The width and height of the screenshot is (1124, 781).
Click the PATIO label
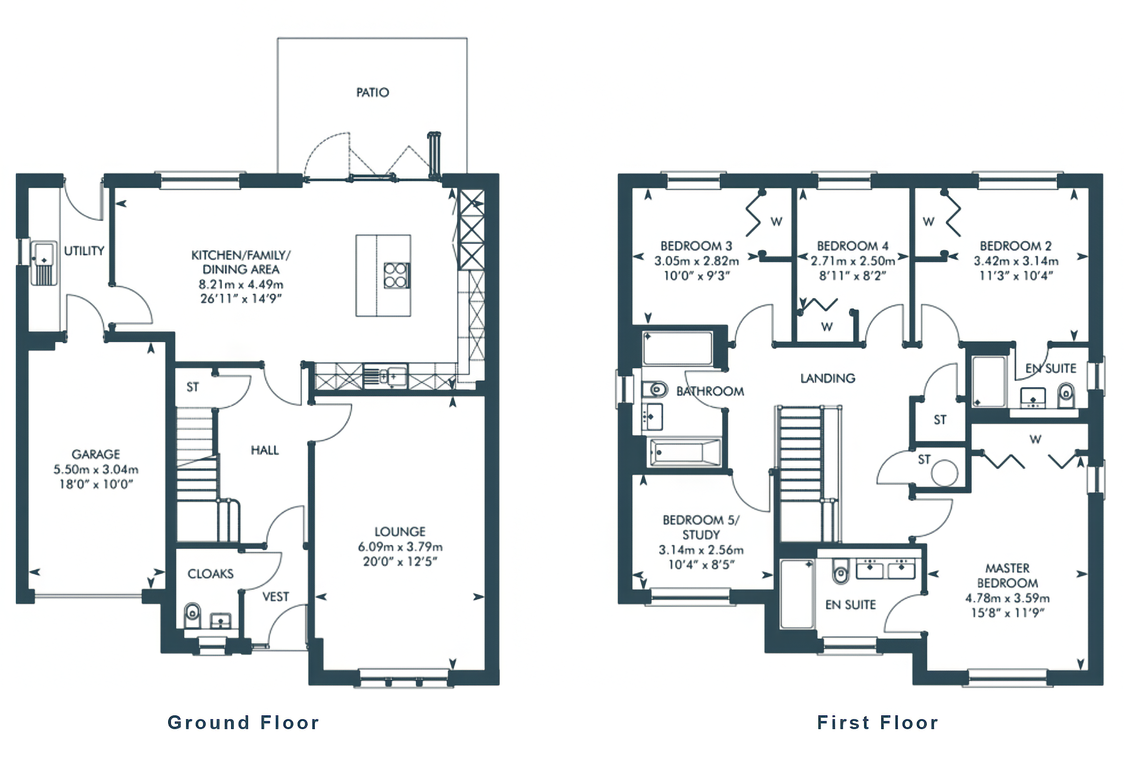372,92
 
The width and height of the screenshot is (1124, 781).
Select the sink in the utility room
43,253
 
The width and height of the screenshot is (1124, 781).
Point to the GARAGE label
96,454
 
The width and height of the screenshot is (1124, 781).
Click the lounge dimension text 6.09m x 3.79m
400,547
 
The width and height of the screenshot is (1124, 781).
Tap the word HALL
265,450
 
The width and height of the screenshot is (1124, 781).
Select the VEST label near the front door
275,597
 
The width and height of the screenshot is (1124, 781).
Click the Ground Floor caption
243,722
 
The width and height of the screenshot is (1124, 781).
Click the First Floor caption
878,722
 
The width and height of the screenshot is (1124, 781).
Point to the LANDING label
827,378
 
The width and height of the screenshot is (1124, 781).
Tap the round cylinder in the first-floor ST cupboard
944,473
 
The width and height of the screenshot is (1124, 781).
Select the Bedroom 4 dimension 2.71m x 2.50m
853,261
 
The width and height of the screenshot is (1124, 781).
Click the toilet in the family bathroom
655,390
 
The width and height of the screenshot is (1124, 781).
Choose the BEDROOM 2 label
1015,246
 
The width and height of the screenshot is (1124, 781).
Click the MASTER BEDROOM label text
1007,575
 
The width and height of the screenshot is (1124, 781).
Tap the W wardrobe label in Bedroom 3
776,221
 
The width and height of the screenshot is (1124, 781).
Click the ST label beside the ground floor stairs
193,387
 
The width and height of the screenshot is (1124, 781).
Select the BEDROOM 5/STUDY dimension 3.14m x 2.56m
701,550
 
